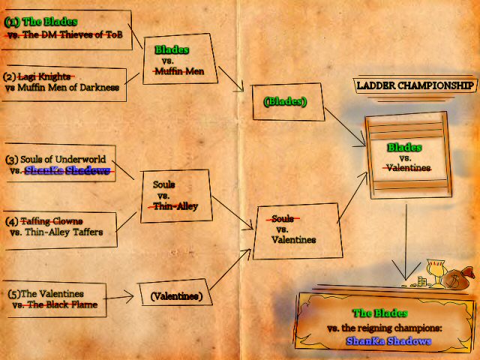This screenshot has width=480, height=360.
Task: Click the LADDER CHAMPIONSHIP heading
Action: point(415,85)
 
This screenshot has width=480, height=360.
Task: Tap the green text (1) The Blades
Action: point(40,22)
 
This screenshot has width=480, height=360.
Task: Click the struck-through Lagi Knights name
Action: point(44,76)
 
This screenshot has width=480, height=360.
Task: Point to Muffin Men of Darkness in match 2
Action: point(68,88)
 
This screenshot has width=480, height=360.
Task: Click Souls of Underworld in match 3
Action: point(63,159)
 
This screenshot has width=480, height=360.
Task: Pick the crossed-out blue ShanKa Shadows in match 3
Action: point(67,170)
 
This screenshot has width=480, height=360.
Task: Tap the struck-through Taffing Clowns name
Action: point(52,221)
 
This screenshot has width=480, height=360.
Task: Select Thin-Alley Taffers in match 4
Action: point(64,232)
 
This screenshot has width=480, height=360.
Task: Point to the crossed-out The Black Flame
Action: point(62,304)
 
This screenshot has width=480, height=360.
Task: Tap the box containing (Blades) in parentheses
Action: point(288,102)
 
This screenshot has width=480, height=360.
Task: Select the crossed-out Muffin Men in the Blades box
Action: point(179,71)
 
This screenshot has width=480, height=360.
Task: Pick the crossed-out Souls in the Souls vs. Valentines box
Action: point(283,218)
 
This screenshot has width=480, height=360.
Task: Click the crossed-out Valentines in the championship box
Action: point(408,168)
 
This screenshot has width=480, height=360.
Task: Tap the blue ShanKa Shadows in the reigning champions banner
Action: point(388,341)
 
